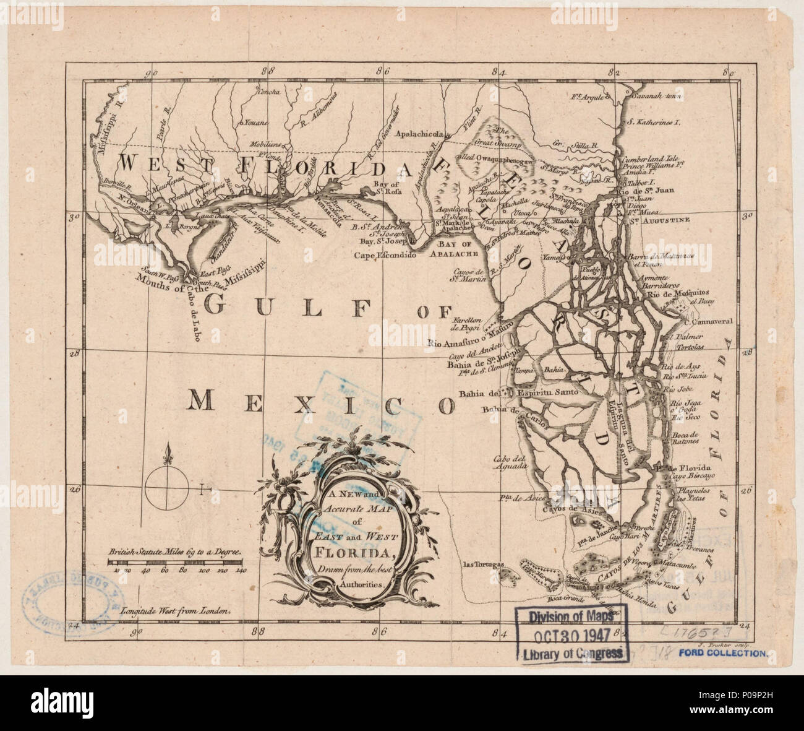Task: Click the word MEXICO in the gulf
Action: click(x=322, y=402)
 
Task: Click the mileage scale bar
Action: click(x=176, y=561)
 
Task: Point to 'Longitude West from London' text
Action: click(x=176, y=609)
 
